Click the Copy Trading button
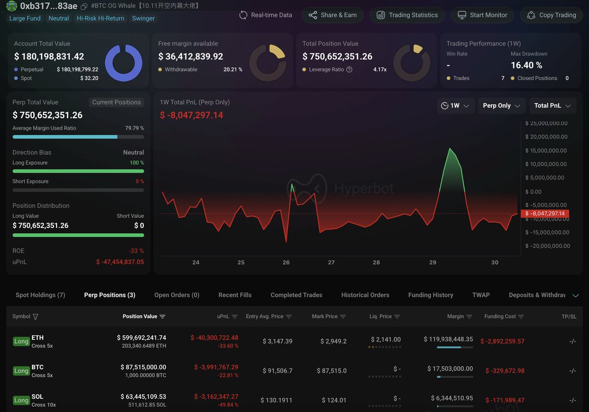tap(551, 15)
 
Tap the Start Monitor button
tap(482, 15)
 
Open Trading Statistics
tap(407, 15)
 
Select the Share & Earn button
tap(332, 15)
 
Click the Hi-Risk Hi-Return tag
tap(101, 19)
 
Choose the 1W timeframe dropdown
tap(455, 105)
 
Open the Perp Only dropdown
tap(502, 105)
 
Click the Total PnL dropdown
tap(552, 105)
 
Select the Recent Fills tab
tap(235, 295)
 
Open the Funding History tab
tap(430, 295)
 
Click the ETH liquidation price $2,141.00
tap(386, 339)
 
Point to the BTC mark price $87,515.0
tap(333, 371)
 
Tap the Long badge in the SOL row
tap(21, 400)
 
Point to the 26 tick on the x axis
tap(286, 262)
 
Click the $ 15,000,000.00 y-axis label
tap(546, 151)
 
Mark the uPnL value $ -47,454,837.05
tap(120, 262)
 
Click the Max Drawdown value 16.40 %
tap(526, 65)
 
